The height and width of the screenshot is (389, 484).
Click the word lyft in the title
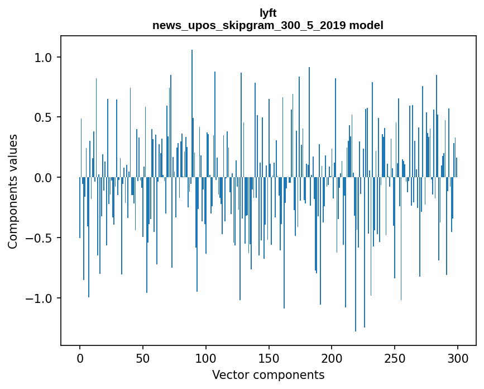click(x=268, y=13)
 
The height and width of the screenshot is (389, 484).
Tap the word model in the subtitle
click(x=366, y=26)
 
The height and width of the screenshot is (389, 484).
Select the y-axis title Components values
click(x=13, y=191)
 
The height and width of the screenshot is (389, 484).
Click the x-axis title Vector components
click(x=268, y=374)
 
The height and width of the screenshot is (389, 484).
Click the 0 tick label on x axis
click(x=80, y=358)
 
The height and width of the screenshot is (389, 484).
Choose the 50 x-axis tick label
click(x=143, y=358)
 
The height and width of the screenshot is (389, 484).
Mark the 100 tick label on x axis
click(x=206, y=358)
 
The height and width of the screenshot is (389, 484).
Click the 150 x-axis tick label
click(x=269, y=358)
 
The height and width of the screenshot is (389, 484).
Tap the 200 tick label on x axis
click(x=332, y=358)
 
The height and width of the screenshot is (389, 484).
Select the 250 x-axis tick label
click(x=395, y=358)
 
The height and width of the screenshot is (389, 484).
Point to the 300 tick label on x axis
click(x=458, y=358)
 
